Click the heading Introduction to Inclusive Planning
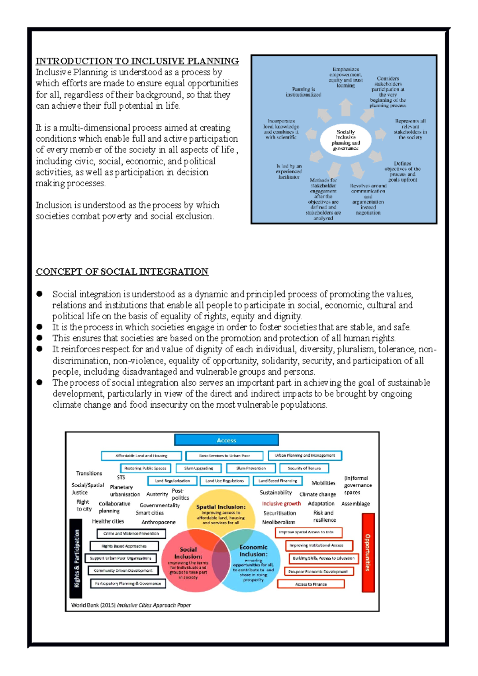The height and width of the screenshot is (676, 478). pyautogui.click(x=137, y=61)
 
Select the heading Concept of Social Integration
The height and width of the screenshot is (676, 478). pyautogui.click(x=122, y=272)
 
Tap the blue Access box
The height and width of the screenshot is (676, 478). pyautogui.click(x=226, y=440)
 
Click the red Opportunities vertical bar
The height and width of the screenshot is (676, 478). pyautogui.click(x=368, y=552)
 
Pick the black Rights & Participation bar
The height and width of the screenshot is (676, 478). pyautogui.click(x=76, y=558)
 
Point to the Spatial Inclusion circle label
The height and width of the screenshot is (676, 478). pyautogui.click(x=221, y=507)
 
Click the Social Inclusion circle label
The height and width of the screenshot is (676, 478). pyautogui.click(x=188, y=553)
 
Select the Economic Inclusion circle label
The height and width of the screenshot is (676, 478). pyautogui.click(x=253, y=551)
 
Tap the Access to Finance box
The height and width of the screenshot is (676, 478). pyautogui.click(x=311, y=584)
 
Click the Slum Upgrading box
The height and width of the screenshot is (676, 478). pyautogui.click(x=198, y=468)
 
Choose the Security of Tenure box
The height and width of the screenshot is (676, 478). pyautogui.click(x=304, y=468)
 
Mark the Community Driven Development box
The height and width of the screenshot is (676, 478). pyautogui.click(x=123, y=570)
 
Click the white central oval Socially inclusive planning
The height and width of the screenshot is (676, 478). pyautogui.click(x=345, y=140)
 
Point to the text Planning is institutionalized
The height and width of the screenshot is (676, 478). pyautogui.click(x=303, y=92)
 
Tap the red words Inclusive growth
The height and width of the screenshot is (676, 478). pyautogui.click(x=281, y=504)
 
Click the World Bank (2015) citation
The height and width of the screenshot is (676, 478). pyautogui.click(x=131, y=605)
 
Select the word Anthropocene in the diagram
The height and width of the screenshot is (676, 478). pyautogui.click(x=158, y=522)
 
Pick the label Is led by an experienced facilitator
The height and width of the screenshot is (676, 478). pyautogui.click(x=289, y=172)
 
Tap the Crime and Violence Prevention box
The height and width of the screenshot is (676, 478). pyautogui.click(x=131, y=533)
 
